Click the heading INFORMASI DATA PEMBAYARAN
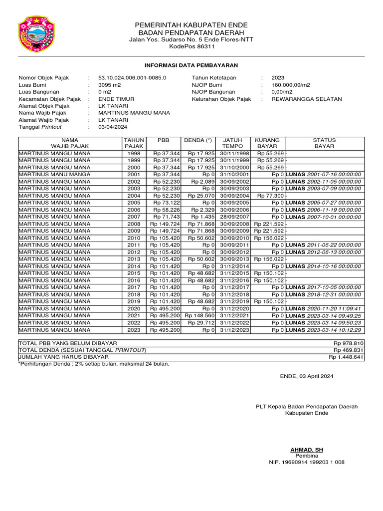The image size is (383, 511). pos(191,65)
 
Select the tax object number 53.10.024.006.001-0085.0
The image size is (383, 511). pos(132,78)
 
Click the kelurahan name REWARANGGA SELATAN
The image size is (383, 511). pos(307,99)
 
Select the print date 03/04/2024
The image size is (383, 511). pos(113,127)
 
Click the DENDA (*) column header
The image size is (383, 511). pos(198,140)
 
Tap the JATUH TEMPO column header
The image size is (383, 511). pos(232,143)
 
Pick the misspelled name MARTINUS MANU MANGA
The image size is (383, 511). pos(54,175)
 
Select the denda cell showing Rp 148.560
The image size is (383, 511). pos(199,316)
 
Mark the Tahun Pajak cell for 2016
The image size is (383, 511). pos(134,280)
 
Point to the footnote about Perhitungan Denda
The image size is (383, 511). pos(94,364)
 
